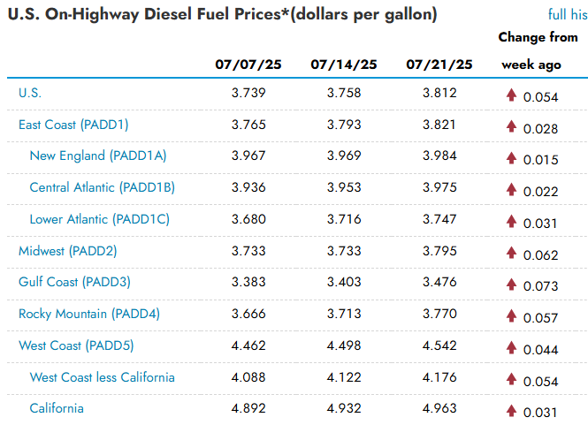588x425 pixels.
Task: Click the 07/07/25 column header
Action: pyautogui.click(x=248, y=65)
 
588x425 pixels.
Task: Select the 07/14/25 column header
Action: pyautogui.click(x=344, y=65)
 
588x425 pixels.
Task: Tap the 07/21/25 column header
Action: pyautogui.click(x=439, y=65)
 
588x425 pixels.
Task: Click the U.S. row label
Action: pyautogui.click(x=30, y=93)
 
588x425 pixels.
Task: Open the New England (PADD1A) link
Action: pyautogui.click(x=98, y=156)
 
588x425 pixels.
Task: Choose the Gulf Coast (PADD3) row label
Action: pyautogui.click(x=74, y=282)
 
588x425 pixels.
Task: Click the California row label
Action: pyautogui.click(x=57, y=408)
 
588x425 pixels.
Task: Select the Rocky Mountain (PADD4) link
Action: pyautogui.click(x=89, y=314)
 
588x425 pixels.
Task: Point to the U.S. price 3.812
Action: pyautogui.click(x=439, y=93)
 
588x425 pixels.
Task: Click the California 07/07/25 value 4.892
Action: pyautogui.click(x=248, y=408)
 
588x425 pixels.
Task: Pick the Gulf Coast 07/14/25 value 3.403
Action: pyautogui.click(x=344, y=282)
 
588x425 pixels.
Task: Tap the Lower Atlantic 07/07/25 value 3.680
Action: pyautogui.click(x=248, y=219)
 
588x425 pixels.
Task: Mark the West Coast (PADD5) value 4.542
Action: pyautogui.click(x=439, y=345)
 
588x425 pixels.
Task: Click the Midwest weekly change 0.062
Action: pyautogui.click(x=541, y=255)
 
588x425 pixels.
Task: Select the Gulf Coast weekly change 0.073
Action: pyautogui.click(x=541, y=286)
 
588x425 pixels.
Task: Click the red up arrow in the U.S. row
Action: pyautogui.click(x=511, y=95)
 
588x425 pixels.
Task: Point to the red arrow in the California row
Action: pyautogui.click(x=511, y=411)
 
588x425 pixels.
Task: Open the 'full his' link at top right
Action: pyautogui.click(x=568, y=15)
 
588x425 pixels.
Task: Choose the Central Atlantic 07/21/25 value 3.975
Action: pyautogui.click(x=439, y=187)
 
